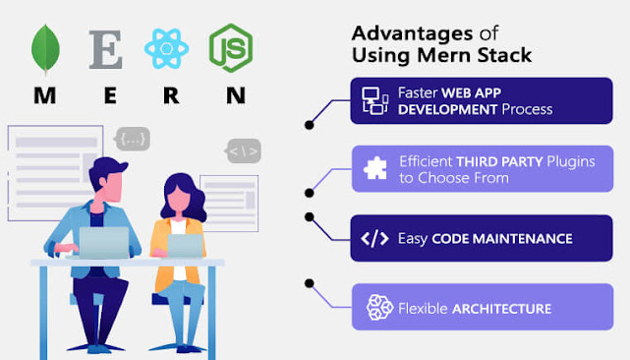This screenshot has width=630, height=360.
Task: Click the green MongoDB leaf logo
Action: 44,49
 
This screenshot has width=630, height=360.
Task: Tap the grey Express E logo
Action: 105,49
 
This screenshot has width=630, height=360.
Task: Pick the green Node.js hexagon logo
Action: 230,47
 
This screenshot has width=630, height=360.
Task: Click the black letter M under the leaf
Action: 45,95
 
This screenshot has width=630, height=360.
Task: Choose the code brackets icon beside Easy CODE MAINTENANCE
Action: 375,238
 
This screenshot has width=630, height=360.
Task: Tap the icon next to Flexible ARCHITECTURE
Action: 378,308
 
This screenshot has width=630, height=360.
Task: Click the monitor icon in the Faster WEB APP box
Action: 375,100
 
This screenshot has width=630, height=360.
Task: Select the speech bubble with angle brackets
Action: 242,151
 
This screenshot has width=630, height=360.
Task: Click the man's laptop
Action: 103,243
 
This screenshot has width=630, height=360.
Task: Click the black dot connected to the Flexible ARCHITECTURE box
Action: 310,283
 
